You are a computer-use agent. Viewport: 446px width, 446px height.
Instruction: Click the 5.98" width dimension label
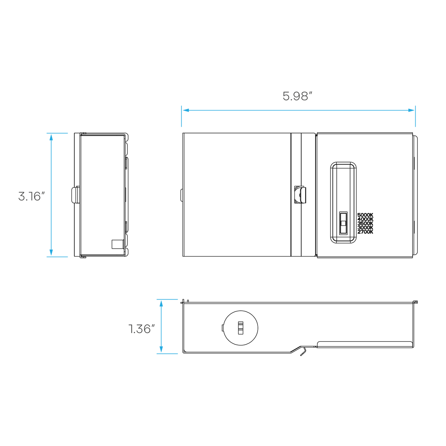297,96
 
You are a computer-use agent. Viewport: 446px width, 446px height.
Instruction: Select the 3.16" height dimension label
31,196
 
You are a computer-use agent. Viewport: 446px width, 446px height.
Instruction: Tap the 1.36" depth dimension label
141,329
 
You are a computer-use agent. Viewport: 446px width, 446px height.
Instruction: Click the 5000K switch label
365,215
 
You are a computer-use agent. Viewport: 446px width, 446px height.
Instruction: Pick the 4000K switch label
365,219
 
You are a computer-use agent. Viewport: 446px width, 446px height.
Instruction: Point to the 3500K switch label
365,223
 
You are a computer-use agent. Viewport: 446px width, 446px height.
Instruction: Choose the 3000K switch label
365,227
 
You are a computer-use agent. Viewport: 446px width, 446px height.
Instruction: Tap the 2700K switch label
365,232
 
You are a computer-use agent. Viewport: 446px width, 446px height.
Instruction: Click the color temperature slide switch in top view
343,223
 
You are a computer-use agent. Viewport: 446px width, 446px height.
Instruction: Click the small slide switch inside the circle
241,328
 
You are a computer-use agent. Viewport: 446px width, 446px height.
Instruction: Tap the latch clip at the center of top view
300,194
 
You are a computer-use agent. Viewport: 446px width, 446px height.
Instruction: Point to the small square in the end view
117,244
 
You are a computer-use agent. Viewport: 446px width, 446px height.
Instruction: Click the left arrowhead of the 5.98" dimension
185,110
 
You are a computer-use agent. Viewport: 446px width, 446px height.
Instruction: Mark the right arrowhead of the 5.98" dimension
411,110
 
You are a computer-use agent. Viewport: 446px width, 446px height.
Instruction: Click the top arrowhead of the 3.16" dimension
51,137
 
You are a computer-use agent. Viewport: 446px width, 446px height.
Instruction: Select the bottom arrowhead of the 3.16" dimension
51,253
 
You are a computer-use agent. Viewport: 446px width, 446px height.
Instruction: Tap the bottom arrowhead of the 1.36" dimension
161,349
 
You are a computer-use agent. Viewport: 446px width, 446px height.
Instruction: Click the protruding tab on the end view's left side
75,195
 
